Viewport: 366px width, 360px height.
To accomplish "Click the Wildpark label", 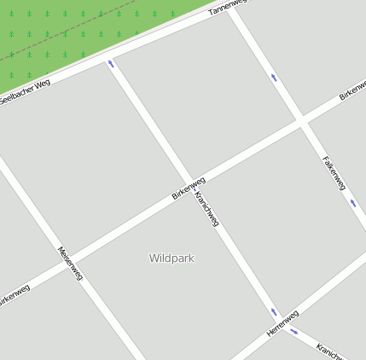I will pyautogui.click(x=171, y=258).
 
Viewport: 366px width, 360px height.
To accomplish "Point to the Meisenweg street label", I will pyautogui.click(x=70, y=264).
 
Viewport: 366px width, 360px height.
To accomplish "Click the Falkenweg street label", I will pyautogui.click(x=334, y=172).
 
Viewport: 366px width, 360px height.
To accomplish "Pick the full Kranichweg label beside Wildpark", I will pyautogui.click(x=207, y=208).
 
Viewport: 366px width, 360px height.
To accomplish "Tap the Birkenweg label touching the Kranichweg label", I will pyautogui.click(x=189, y=188).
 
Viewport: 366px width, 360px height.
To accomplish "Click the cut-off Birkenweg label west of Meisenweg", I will pyautogui.click(x=14, y=297).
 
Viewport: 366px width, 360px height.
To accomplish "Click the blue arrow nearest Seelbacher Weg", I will pyautogui.click(x=110, y=63).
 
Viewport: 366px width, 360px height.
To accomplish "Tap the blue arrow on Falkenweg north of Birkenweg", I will pyautogui.click(x=274, y=78).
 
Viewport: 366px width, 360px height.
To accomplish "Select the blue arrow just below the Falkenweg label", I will pyautogui.click(x=352, y=203).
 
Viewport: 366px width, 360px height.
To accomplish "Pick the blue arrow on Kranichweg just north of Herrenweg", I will pyautogui.click(x=274, y=312).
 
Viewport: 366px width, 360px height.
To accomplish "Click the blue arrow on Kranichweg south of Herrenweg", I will pyautogui.click(x=294, y=331).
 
